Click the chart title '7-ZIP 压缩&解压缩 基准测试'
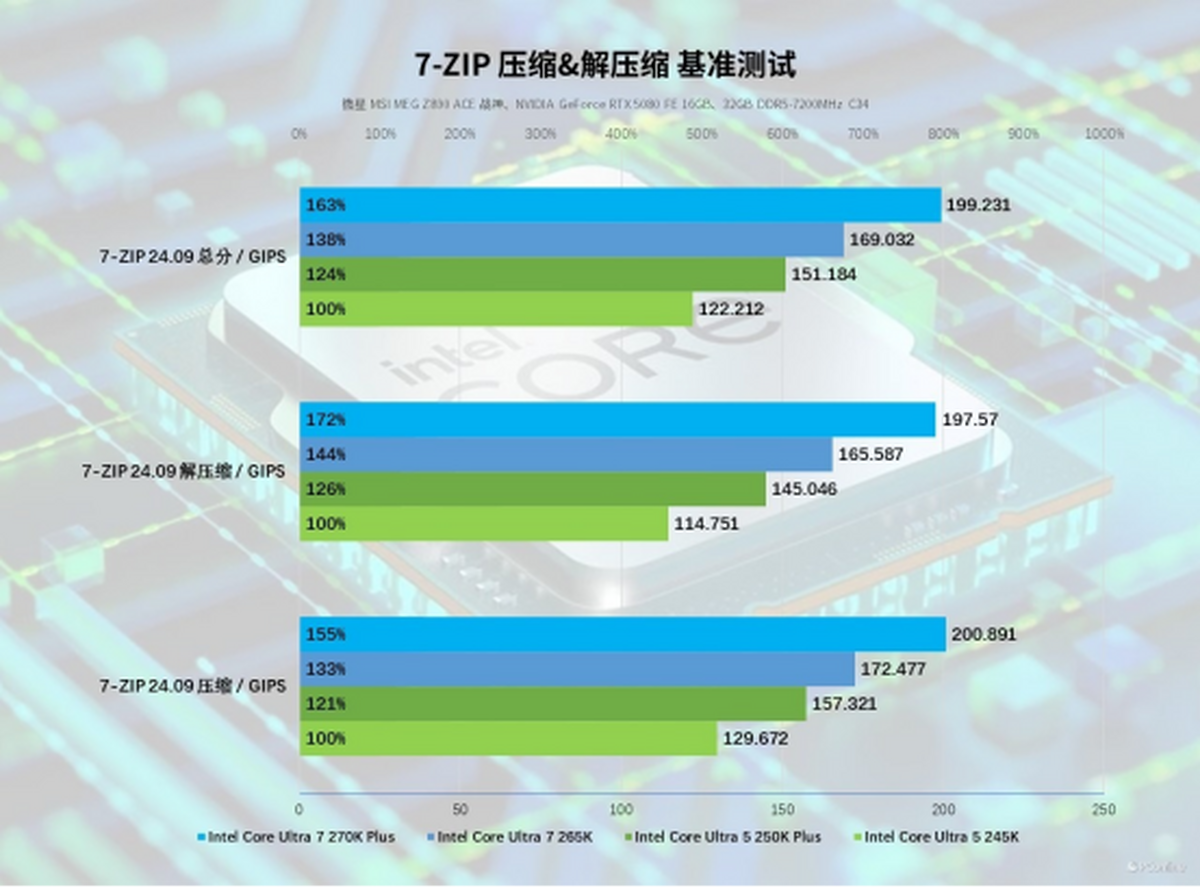pyautogui.click(x=605, y=66)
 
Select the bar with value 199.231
pyautogui.click(x=620, y=205)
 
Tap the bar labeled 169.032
pyautogui.click(x=571, y=240)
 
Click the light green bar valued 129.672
pyautogui.click(x=508, y=739)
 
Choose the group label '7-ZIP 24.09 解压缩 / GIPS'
pyautogui.click(x=184, y=471)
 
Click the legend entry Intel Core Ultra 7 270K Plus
pyautogui.click(x=301, y=837)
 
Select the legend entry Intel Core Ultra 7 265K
pyautogui.click(x=514, y=837)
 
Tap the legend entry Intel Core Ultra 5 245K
pyautogui.click(x=941, y=837)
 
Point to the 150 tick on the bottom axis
pyautogui.click(x=782, y=809)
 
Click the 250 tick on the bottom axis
pyautogui.click(x=1104, y=809)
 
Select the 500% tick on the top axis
pyautogui.click(x=702, y=134)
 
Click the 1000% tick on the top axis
pyautogui.click(x=1104, y=134)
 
